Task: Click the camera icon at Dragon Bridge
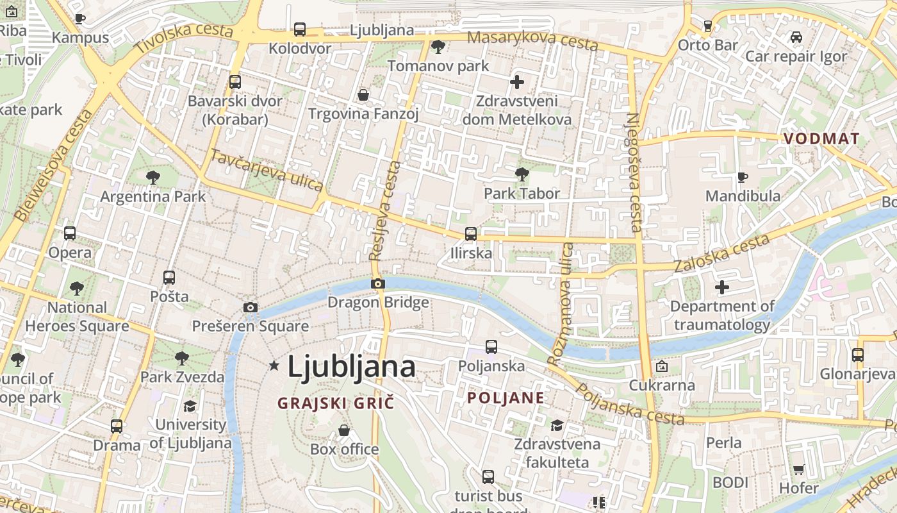coord(378,283)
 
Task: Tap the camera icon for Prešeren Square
coord(251,308)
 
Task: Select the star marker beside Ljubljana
coord(274,366)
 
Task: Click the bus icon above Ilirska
coord(471,234)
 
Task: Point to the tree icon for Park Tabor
coord(522,174)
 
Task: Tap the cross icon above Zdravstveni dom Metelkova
coord(517,82)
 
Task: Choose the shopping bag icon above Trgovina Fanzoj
coord(363,96)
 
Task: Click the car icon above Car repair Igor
coord(796,37)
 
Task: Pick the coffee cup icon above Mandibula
coord(743,176)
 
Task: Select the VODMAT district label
coord(821,138)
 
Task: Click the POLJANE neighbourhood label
coord(506,398)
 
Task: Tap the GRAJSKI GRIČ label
coord(335,403)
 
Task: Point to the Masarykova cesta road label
coord(532,40)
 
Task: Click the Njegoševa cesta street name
coord(634,172)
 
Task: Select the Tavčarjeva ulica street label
coord(267,170)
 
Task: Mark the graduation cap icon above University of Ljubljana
coord(190,406)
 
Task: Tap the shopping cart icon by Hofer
coord(798,469)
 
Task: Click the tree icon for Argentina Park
coord(152,177)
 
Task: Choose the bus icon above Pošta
coord(169,278)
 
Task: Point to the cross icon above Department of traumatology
coord(722,287)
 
